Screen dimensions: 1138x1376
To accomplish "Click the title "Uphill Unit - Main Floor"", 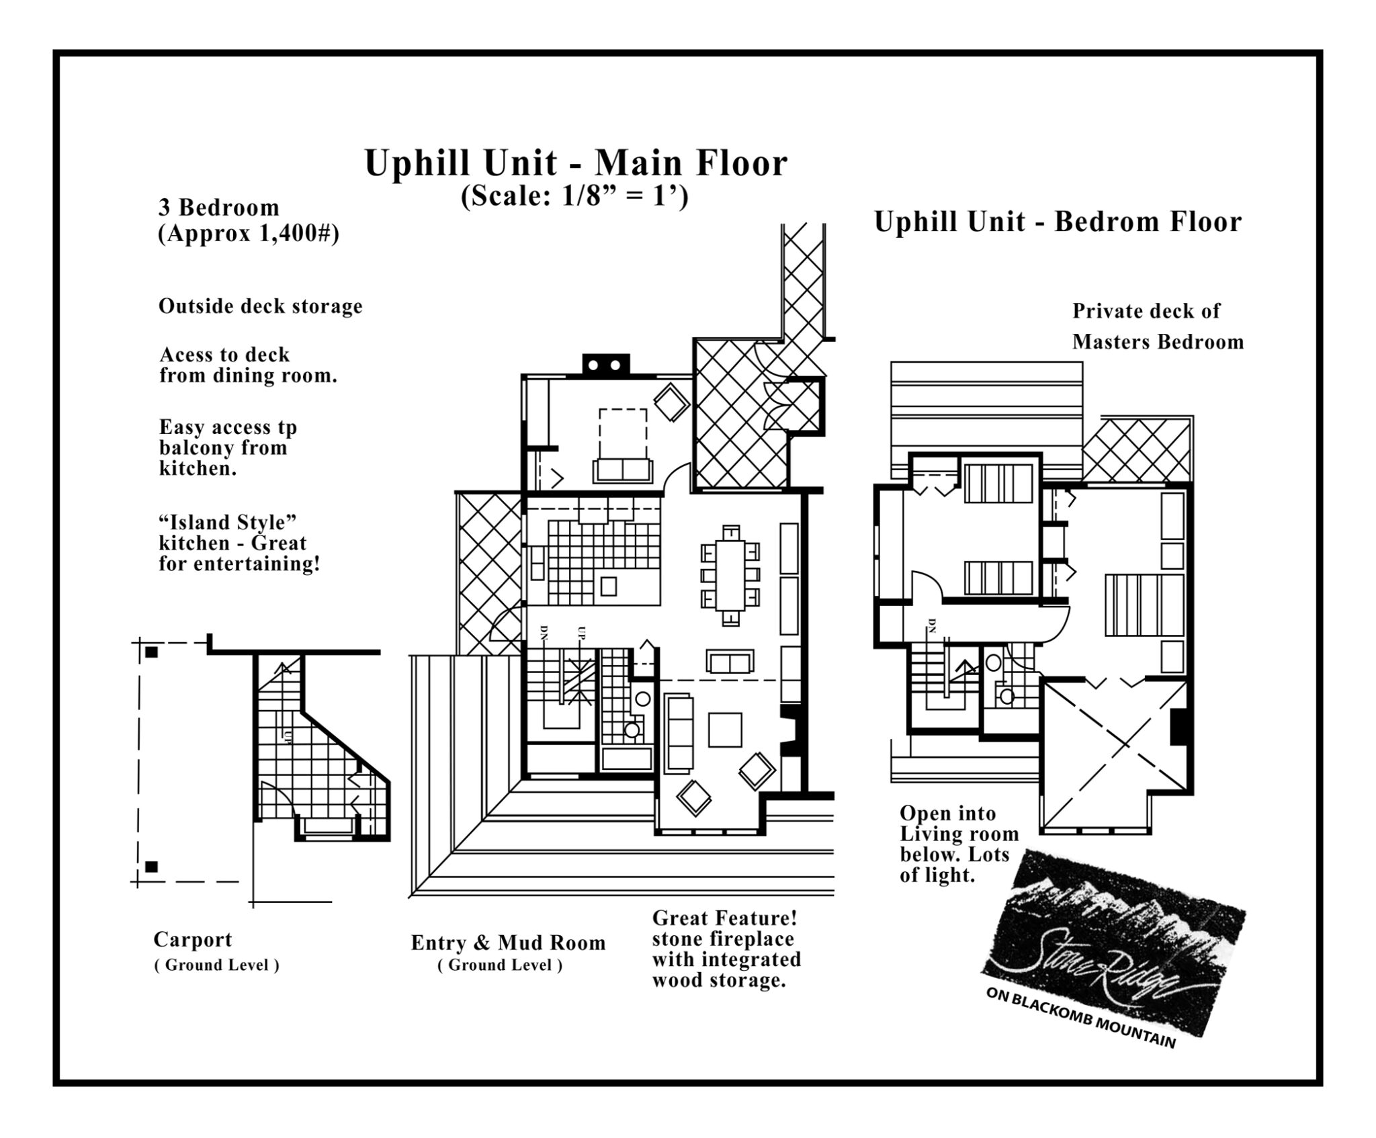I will coord(576,163).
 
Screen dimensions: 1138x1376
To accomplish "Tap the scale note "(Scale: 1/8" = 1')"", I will coord(574,198).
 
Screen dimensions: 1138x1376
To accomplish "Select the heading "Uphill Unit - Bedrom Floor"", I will coord(1058,222).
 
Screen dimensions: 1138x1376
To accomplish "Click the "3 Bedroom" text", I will coord(218,208).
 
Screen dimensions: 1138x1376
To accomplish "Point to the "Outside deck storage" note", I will coord(260,306).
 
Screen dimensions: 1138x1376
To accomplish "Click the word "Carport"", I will coord(192,939).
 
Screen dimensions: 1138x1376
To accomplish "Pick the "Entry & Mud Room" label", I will coord(508,943).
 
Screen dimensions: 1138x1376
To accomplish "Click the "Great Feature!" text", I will coord(724,918).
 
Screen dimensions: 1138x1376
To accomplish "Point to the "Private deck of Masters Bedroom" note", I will coord(1157,326).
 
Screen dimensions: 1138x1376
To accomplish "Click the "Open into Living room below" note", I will coord(958,844).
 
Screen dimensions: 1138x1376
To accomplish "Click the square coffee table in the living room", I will coord(726,730).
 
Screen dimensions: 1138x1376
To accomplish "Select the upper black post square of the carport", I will coord(152,652).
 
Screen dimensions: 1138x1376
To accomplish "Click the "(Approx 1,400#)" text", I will coord(248,234).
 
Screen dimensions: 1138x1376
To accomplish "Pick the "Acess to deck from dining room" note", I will coord(247,365).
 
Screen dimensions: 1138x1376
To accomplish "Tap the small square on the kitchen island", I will coord(609,586).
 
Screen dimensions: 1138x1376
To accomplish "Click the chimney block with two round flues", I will coord(605,364).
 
